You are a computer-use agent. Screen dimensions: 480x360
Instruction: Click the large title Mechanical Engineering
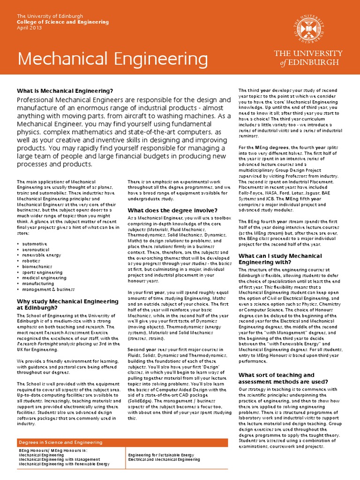click(x=106, y=59)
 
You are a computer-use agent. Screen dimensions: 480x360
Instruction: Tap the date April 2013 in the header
click(x=29, y=28)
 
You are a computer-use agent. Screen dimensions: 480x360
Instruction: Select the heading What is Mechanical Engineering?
click(x=65, y=90)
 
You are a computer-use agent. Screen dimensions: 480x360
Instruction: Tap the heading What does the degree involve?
click(x=172, y=210)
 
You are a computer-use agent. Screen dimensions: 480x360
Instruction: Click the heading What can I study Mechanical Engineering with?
click(x=280, y=259)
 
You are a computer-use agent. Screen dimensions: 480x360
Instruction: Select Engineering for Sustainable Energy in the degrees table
click(x=160, y=455)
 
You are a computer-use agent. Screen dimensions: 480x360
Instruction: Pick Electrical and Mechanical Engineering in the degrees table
click(x=164, y=459)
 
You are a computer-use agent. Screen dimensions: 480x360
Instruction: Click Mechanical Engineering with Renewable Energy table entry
click(x=64, y=464)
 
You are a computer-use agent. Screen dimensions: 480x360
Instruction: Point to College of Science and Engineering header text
click(x=63, y=22)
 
